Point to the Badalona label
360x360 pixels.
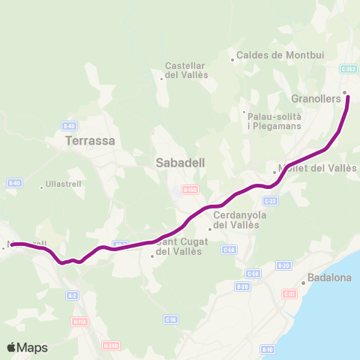pos(330,277)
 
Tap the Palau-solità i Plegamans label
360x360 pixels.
pos(274,121)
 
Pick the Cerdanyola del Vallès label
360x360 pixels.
pos(236,220)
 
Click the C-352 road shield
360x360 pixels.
pos(348,69)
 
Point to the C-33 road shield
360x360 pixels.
pos(271,201)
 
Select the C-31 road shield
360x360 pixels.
pos(289,294)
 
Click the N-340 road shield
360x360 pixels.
pos(111,346)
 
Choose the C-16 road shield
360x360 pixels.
pos(171,319)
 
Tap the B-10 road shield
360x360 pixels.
pos(268,349)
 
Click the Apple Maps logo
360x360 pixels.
pos(27,347)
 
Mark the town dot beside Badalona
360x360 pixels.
pos(302,283)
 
